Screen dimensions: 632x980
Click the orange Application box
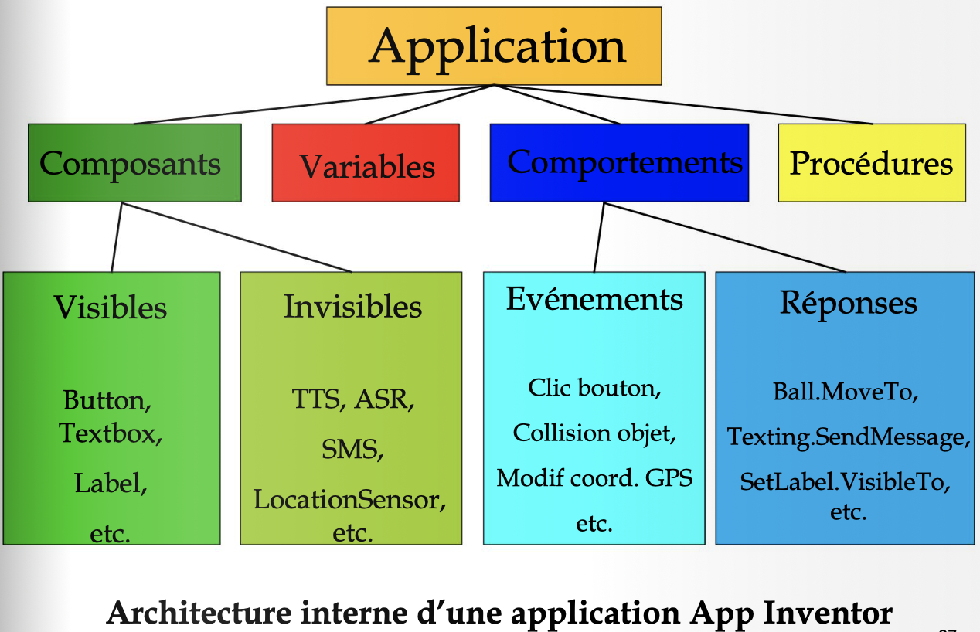click(494, 46)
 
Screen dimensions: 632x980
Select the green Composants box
click(134, 163)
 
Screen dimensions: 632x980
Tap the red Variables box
click(366, 163)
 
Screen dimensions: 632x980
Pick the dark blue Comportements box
click(619, 163)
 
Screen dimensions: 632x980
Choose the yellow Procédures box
click(871, 163)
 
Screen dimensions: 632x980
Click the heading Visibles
click(111, 308)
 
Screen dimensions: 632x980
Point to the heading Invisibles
click(352, 307)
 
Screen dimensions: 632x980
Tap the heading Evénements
click(594, 300)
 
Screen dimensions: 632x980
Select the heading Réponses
click(848, 302)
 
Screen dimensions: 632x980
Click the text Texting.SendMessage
click(846, 437)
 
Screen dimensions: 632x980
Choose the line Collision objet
click(594, 433)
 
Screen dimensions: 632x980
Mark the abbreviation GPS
click(669, 477)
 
